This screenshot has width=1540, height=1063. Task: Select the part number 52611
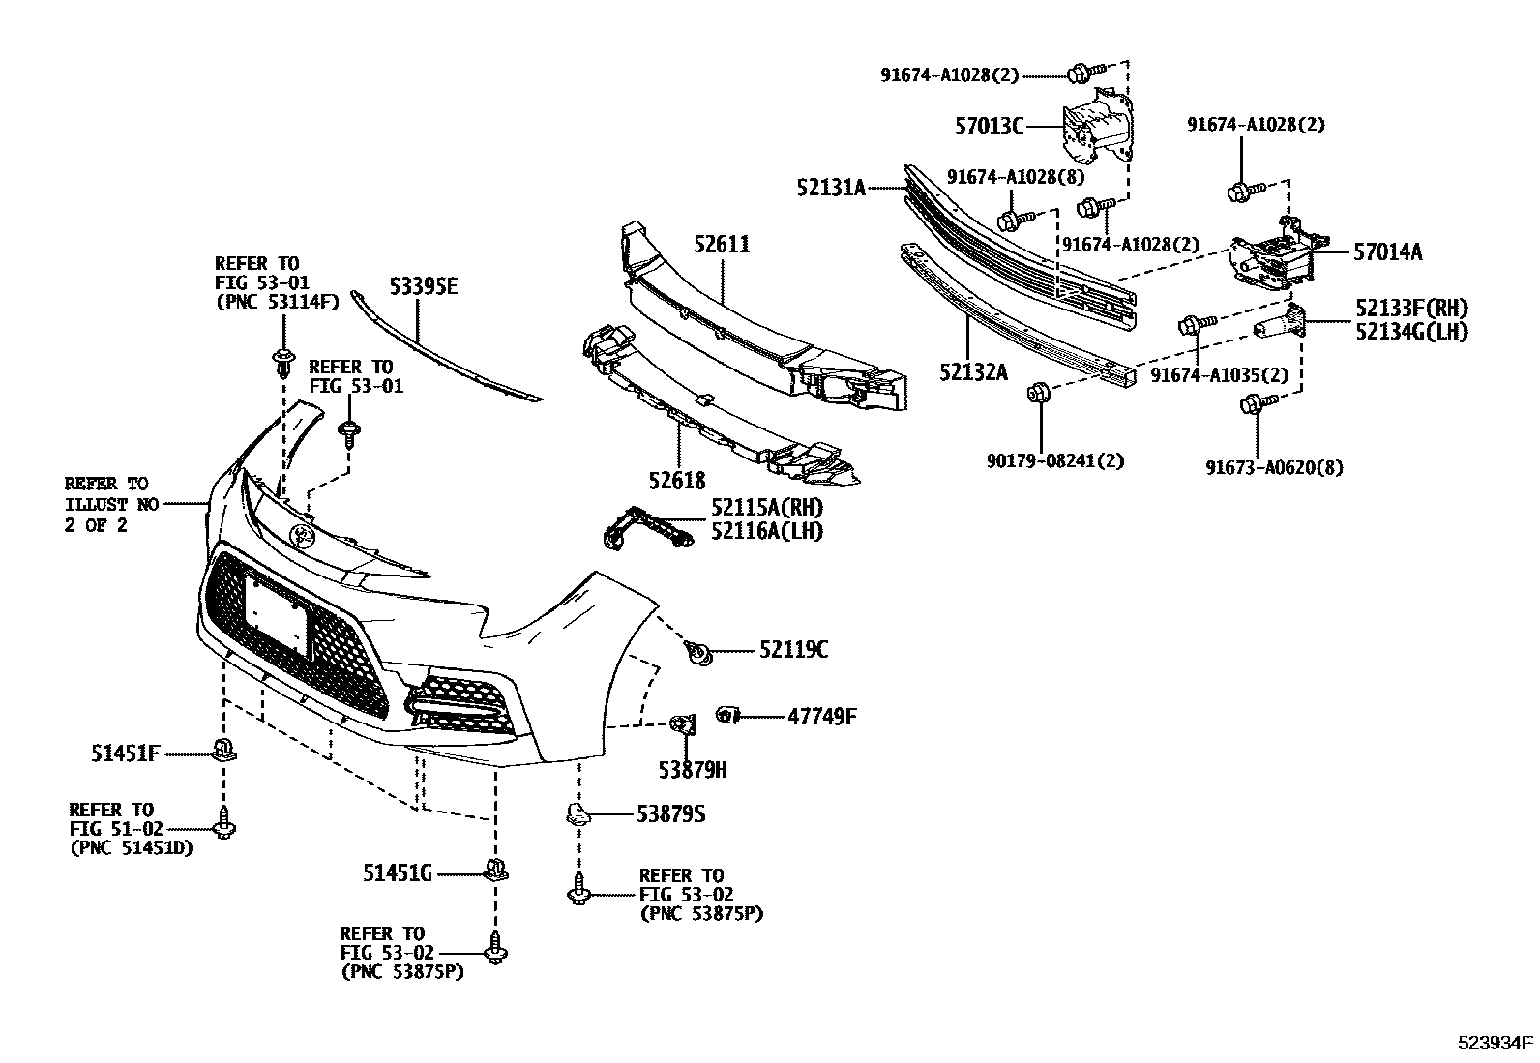(x=722, y=245)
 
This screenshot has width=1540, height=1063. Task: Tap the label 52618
(x=678, y=480)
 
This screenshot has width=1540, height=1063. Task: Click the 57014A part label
(x=1388, y=252)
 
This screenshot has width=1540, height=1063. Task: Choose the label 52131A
(x=832, y=188)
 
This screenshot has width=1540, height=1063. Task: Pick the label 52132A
(x=972, y=370)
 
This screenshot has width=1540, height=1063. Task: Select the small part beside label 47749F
(x=727, y=716)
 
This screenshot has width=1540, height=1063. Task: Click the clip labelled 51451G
(x=496, y=871)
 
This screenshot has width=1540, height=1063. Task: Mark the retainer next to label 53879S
(x=578, y=814)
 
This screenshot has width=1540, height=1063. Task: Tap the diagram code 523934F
(x=1496, y=1043)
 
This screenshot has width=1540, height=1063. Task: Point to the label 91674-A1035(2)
(x=1220, y=375)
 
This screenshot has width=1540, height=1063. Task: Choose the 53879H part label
(x=693, y=770)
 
